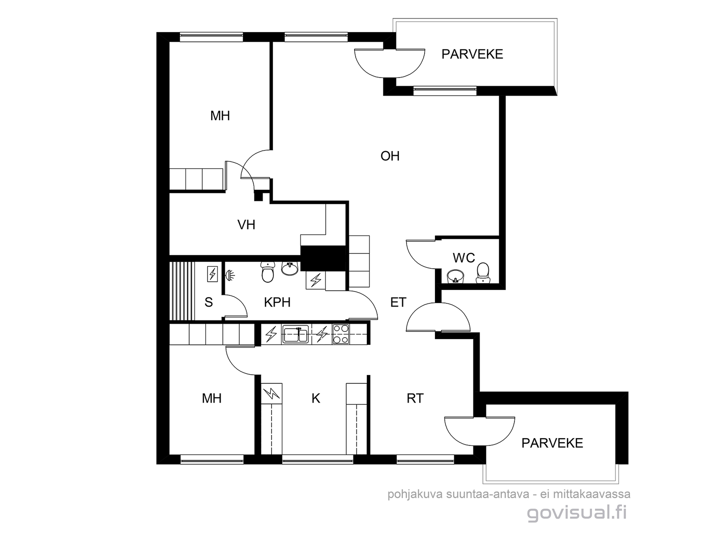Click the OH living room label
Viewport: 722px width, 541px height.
click(390, 156)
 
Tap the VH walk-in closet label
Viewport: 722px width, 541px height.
click(246, 225)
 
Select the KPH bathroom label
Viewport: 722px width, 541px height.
click(277, 302)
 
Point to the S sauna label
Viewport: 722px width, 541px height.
click(208, 302)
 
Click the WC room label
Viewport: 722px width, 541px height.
click(464, 258)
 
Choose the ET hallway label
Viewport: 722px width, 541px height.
click(398, 302)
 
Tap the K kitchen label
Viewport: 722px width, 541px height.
click(316, 399)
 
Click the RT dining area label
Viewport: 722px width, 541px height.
click(415, 399)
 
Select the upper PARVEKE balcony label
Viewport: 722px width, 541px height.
click(472, 54)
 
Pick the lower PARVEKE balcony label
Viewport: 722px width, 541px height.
click(552, 443)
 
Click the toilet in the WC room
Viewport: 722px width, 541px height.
click(483, 273)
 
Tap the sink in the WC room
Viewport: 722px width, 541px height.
click(456, 276)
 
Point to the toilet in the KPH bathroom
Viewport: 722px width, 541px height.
click(268, 272)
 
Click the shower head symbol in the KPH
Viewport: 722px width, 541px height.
click(230, 275)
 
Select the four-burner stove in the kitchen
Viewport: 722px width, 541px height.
click(340, 334)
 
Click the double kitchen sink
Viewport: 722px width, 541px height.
click(296, 334)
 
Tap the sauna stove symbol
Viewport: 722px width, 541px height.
click(213, 274)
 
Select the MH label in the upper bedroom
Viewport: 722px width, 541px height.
click(220, 115)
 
